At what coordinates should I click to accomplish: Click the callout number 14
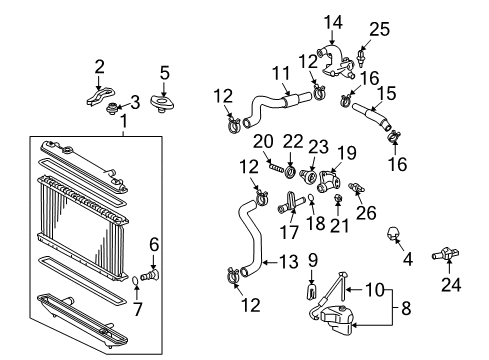(330, 21)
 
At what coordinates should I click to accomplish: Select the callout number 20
(261, 140)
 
